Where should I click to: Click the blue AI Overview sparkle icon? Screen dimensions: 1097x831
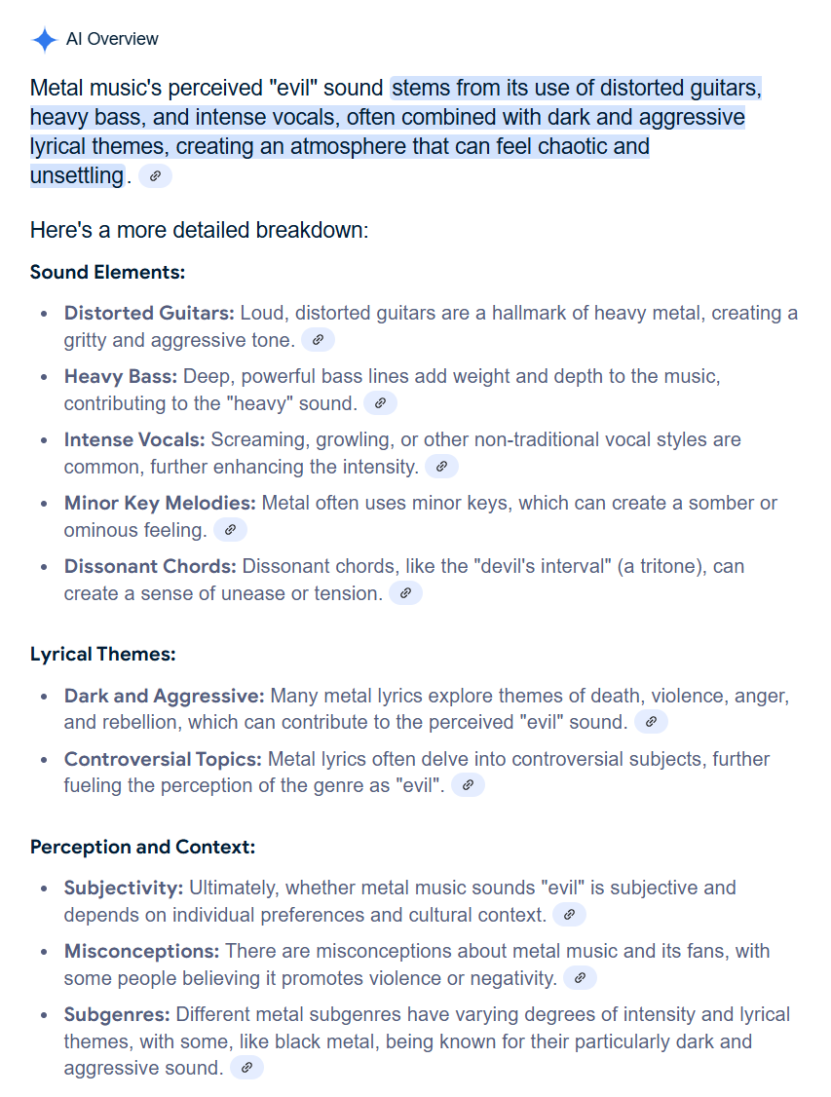pyautogui.click(x=45, y=40)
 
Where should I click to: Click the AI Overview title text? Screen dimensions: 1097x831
pyautogui.click(x=112, y=39)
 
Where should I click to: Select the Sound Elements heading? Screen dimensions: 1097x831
pyautogui.click(x=107, y=272)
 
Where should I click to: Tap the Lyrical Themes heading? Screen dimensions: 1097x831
pyautogui.click(x=102, y=655)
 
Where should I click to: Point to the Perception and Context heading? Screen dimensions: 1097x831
pyautogui.click(x=142, y=847)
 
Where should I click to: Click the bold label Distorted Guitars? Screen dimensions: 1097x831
pyautogui.click(x=149, y=314)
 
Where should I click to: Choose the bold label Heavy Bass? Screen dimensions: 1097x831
pyautogui.click(x=121, y=376)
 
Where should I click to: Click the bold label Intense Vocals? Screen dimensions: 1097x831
pyautogui.click(x=134, y=439)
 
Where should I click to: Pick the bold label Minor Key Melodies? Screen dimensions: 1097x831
pyautogui.click(x=160, y=504)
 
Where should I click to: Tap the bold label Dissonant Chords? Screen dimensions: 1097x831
pyautogui.click(x=150, y=566)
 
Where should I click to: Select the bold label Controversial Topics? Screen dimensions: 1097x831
pyautogui.click(x=163, y=759)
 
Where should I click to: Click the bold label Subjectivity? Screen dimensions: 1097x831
pyautogui.click(x=123, y=889)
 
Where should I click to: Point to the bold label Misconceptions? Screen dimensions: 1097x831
pyautogui.click(x=141, y=951)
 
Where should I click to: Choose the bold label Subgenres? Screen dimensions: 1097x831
pyautogui.click(x=117, y=1014)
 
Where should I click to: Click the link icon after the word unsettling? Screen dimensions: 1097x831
pyautogui.click(x=156, y=176)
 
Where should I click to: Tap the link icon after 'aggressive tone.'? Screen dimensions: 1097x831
pyautogui.click(x=319, y=340)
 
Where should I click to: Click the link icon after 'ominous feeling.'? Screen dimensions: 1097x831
pyautogui.click(x=230, y=530)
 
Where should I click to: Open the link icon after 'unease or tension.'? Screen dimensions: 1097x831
pyautogui.click(x=405, y=592)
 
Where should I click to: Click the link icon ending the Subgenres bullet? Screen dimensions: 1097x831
pyautogui.click(x=246, y=1068)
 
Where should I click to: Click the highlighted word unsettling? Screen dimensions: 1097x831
pyautogui.click(x=77, y=176)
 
